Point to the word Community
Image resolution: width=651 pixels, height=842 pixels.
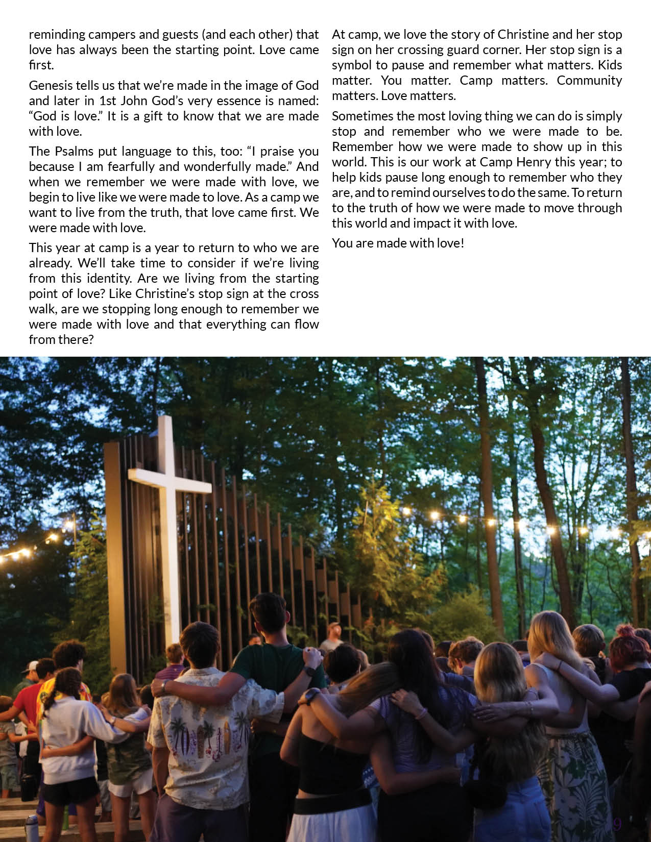[589, 81]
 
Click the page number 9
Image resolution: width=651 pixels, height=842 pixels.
[617, 824]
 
